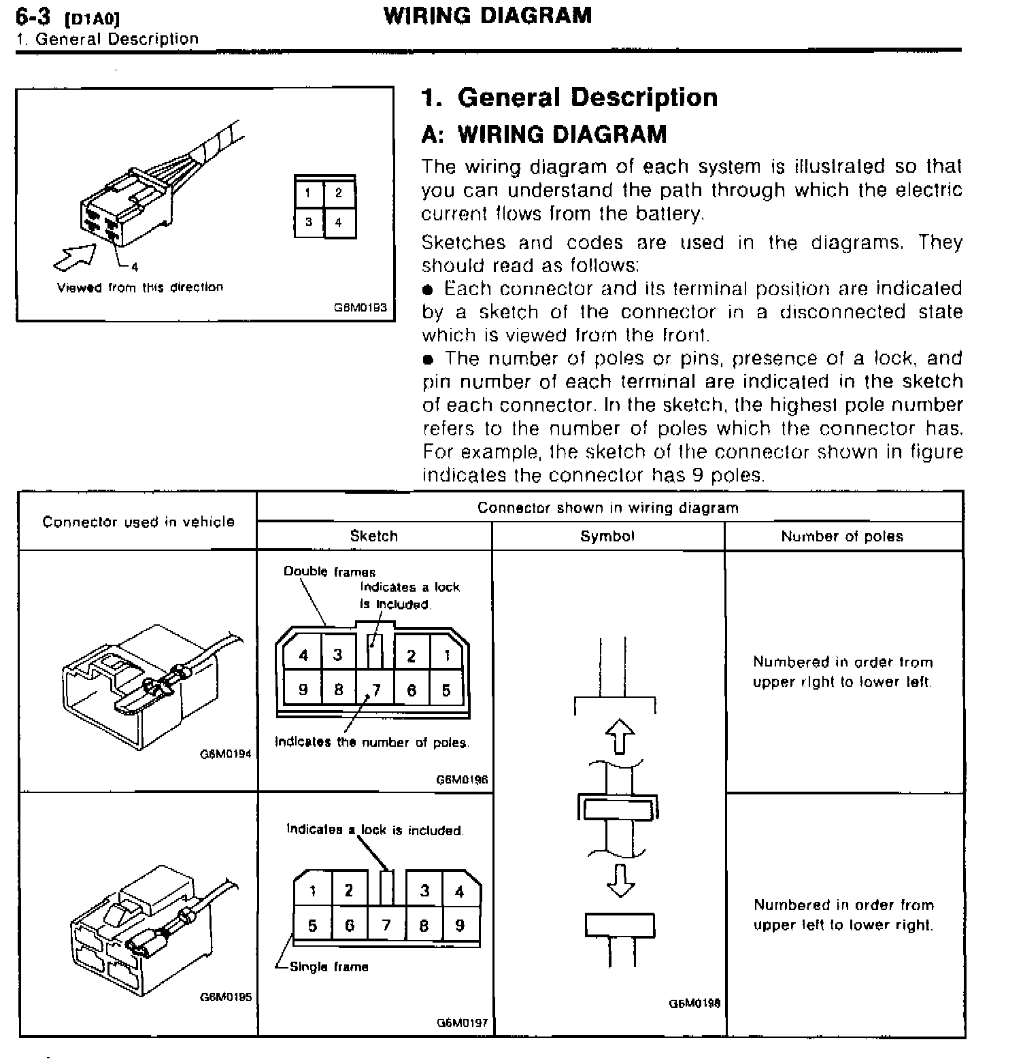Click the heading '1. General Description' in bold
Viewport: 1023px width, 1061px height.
pyautogui.click(x=569, y=97)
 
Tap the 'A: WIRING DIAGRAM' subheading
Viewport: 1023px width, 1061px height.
pyautogui.click(x=543, y=134)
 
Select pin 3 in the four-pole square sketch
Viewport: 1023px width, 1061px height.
pyautogui.click(x=308, y=222)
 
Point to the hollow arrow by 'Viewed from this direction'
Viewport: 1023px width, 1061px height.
pyautogui.click(x=74, y=257)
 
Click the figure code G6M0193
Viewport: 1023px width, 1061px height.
pyautogui.click(x=360, y=307)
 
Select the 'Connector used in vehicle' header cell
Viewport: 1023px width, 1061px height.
pyautogui.click(x=138, y=522)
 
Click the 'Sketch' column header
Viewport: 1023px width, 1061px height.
pyautogui.click(x=373, y=536)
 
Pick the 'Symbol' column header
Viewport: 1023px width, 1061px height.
pyautogui.click(x=607, y=536)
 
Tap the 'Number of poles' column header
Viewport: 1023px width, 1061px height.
pyautogui.click(x=842, y=536)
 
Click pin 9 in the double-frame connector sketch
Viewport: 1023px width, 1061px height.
pyautogui.click(x=303, y=690)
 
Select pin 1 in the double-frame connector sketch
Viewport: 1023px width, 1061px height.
pyautogui.click(x=447, y=655)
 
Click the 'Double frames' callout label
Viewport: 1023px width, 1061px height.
pyautogui.click(x=329, y=571)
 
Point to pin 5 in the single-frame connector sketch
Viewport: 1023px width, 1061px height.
pyautogui.click(x=312, y=925)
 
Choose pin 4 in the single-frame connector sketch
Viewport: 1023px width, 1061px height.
pyautogui.click(x=459, y=890)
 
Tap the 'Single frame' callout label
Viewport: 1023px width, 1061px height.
pyautogui.click(x=329, y=966)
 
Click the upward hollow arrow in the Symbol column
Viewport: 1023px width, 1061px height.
pyautogui.click(x=619, y=737)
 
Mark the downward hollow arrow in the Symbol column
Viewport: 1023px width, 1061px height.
pyautogui.click(x=619, y=879)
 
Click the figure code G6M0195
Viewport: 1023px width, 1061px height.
pyautogui.click(x=226, y=997)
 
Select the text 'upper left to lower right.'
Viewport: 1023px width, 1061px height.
pyautogui.click(x=843, y=925)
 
